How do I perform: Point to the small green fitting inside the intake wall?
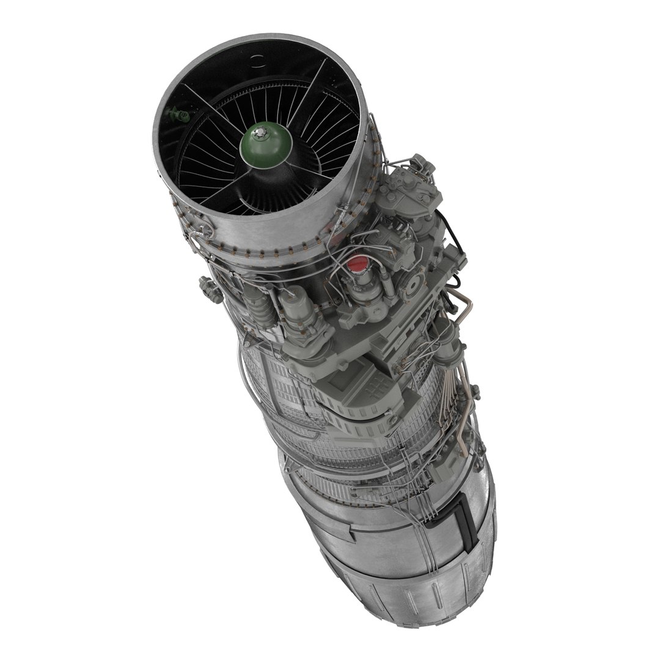pos(177,114)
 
